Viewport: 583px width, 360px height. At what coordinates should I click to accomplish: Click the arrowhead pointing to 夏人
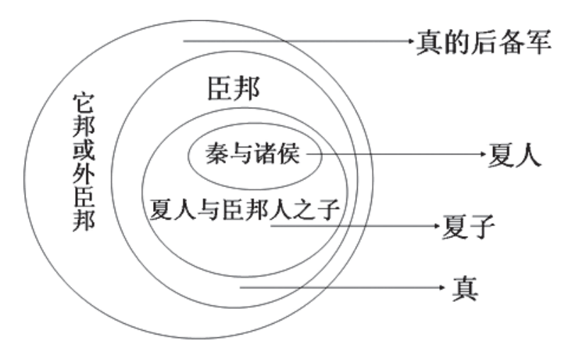point(482,153)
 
